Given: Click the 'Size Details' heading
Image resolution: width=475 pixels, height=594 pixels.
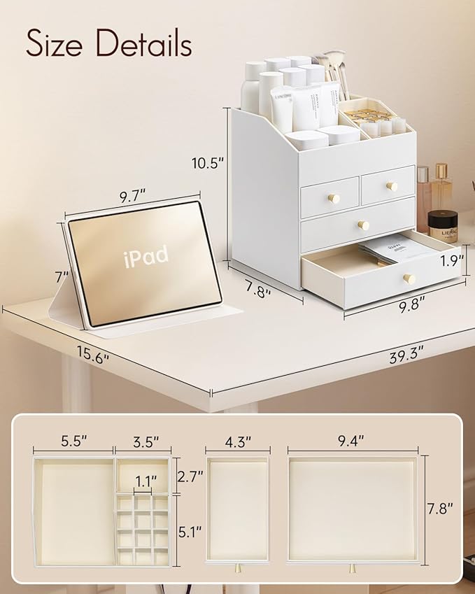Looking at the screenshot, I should [108, 43].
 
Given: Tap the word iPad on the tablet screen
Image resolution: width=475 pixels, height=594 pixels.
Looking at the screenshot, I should [146, 257].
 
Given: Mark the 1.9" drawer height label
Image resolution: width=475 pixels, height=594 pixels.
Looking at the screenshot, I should [453, 261].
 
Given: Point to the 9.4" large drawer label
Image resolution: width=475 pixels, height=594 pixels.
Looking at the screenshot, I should [353, 441].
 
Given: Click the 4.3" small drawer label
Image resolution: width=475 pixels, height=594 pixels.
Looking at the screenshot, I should [237, 441].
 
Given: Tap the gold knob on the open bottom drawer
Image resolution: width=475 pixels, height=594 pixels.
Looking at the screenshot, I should [409, 278].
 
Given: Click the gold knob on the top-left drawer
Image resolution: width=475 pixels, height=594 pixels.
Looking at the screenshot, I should [334, 199].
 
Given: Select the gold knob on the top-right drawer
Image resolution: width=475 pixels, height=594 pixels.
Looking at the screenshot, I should [392, 186].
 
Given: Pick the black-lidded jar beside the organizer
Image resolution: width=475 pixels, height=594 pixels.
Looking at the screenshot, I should [442, 225].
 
